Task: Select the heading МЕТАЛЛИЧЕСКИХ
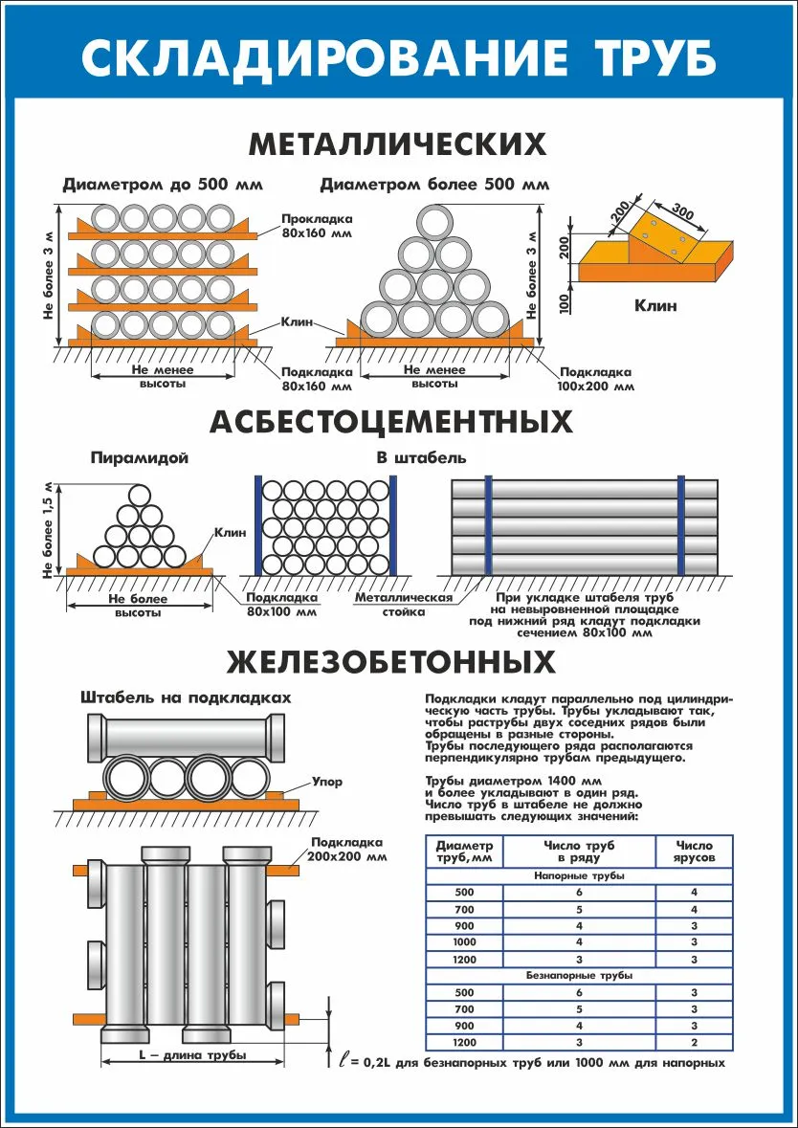[398, 144]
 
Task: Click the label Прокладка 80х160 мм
[317, 226]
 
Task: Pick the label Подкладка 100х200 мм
[595, 379]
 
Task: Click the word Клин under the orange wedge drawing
[655, 306]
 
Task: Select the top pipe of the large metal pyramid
[435, 222]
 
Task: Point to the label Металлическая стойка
[403, 605]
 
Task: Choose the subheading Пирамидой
[140, 457]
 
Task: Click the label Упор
[326, 782]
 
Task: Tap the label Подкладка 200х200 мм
[348, 850]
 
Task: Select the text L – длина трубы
[192, 1054]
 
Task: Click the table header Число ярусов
[694, 852]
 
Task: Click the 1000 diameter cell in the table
[464, 941]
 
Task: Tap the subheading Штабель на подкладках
[186, 697]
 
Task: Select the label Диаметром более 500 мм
[434, 184]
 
